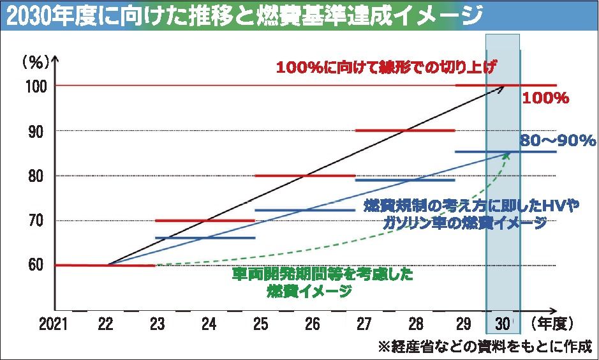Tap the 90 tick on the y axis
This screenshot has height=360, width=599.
point(37,130)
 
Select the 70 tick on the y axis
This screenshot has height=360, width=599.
point(37,221)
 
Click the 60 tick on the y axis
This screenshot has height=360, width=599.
point(37,266)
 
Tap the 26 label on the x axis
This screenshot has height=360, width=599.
point(312,324)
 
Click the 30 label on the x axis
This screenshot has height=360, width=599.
point(503,324)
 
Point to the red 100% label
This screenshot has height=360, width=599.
point(545,99)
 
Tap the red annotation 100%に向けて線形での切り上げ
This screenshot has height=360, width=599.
point(387,67)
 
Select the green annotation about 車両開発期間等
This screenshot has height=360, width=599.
point(322,283)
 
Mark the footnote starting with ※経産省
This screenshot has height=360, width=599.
point(485,347)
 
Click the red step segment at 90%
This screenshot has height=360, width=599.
point(405,130)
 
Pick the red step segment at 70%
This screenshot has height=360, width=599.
point(205,221)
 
